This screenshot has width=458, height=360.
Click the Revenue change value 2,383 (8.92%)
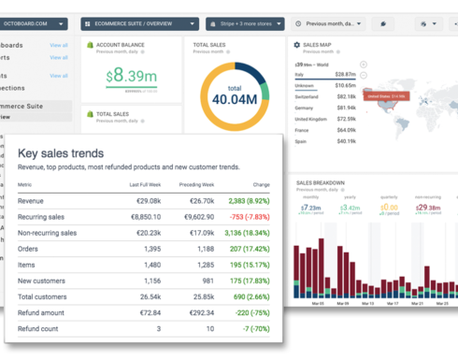click(x=248, y=201)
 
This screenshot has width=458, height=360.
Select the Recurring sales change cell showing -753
click(x=250, y=217)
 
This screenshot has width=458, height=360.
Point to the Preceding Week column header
click(x=196, y=185)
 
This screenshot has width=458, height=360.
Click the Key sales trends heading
click(x=61, y=153)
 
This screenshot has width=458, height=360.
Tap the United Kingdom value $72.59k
click(x=345, y=120)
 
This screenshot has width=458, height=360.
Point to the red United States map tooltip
click(x=385, y=95)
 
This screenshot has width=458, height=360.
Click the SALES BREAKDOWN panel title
click(x=321, y=182)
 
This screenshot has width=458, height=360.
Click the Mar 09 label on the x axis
click(x=355, y=304)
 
